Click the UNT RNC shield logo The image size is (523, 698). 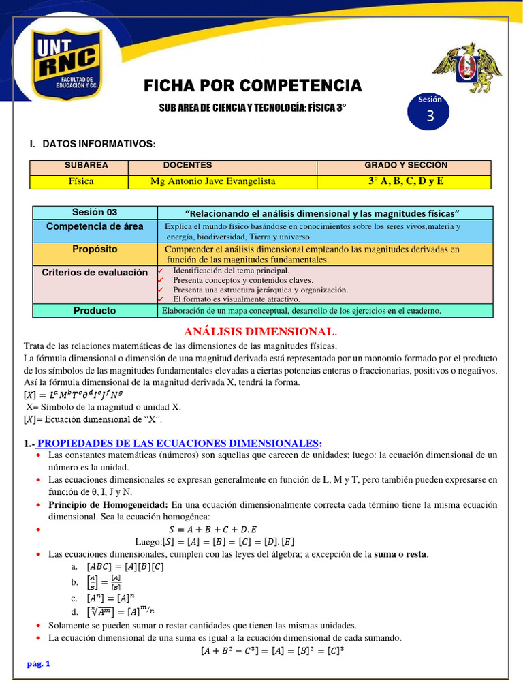[64, 67]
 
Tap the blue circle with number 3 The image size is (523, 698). [430, 112]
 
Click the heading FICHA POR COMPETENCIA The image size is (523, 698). [253, 86]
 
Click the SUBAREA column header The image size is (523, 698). [86, 166]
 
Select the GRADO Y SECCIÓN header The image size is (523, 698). [406, 166]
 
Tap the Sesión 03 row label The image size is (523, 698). [95, 213]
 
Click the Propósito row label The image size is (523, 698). [95, 249]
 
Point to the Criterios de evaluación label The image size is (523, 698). [95, 272]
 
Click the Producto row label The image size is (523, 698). [95, 311]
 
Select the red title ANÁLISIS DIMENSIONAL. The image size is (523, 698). [261, 332]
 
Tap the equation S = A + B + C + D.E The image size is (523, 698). [212, 529]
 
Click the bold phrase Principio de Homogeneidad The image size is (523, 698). [108, 505]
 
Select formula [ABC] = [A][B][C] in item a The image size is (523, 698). [125, 566]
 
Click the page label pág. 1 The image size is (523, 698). [39, 664]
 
